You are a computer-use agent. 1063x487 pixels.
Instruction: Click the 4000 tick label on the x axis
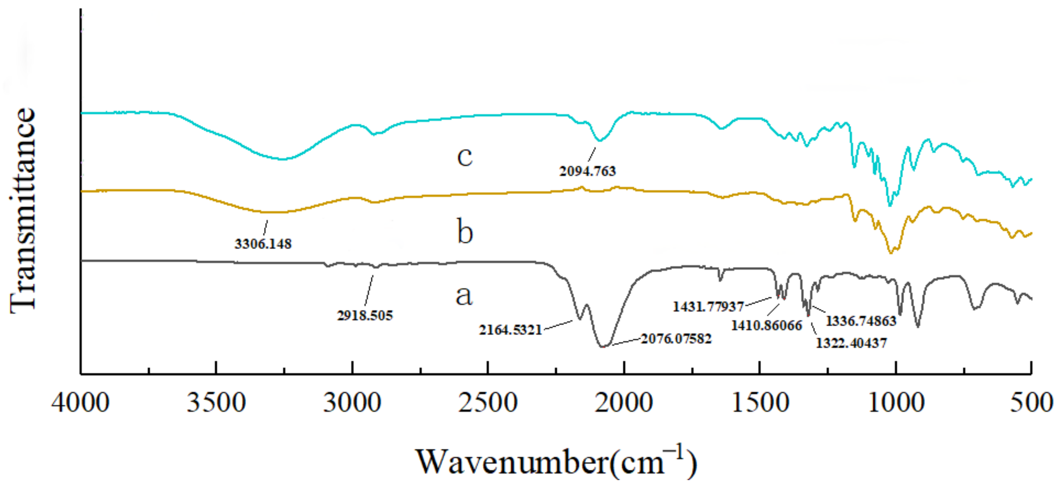(x=81, y=402)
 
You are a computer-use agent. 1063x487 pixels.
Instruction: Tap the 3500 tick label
(x=216, y=402)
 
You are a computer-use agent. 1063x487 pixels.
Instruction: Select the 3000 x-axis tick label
(x=352, y=402)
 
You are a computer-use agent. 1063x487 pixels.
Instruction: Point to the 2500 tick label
(x=488, y=402)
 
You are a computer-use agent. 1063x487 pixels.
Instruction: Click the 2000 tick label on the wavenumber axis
(x=623, y=402)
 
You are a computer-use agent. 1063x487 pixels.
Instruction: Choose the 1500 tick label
(x=760, y=402)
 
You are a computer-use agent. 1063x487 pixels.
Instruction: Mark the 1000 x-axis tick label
(x=896, y=402)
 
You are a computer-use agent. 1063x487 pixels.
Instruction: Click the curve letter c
(x=465, y=157)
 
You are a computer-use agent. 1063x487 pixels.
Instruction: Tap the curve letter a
(x=464, y=296)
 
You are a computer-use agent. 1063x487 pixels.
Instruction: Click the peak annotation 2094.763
(x=587, y=171)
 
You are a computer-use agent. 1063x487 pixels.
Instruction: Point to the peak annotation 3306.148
(x=263, y=244)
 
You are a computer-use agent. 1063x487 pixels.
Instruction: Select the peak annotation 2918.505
(x=365, y=315)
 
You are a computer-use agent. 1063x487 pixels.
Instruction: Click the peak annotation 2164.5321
(x=510, y=330)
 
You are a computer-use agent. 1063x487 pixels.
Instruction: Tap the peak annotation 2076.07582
(x=676, y=339)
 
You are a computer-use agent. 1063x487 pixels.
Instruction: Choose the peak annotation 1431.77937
(x=708, y=306)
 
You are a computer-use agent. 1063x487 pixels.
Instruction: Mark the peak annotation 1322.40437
(x=851, y=343)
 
